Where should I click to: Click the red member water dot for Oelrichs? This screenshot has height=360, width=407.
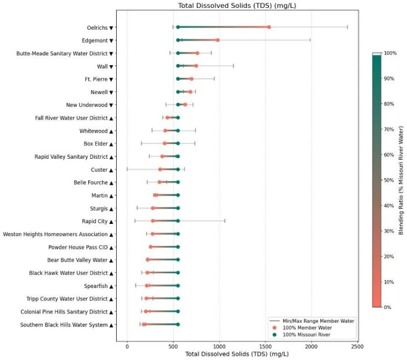tap(269, 27)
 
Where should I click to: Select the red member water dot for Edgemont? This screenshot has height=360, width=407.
tap(218, 40)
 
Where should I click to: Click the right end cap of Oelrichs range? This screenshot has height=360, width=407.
tap(348, 27)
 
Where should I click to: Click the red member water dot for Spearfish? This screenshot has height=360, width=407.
tap(147, 286)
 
